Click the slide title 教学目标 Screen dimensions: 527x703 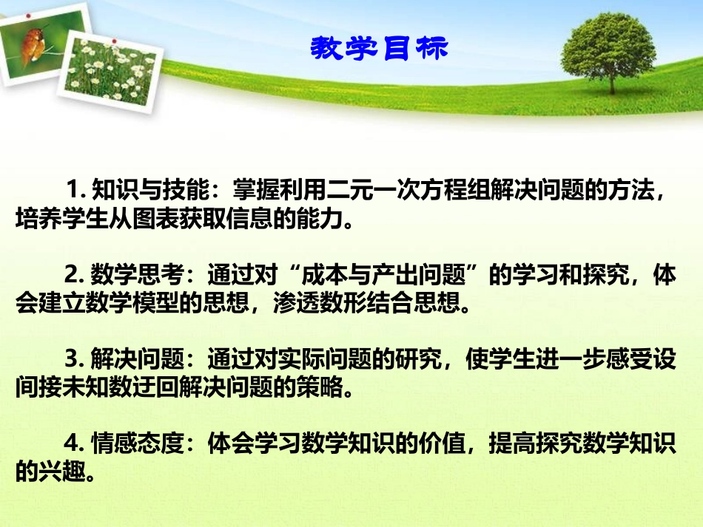point(379,49)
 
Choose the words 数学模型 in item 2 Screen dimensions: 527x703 point(132,304)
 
